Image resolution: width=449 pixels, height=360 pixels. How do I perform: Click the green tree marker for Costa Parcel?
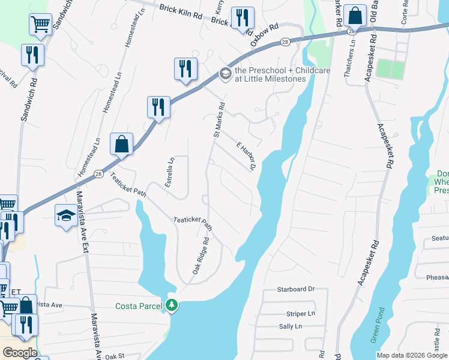tap(172, 305)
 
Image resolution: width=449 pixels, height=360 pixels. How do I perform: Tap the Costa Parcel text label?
tap(139, 306)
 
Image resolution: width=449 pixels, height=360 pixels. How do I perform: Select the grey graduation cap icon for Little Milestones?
tap(226, 74)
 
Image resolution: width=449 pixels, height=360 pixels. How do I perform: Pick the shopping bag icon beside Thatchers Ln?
tap(355, 16)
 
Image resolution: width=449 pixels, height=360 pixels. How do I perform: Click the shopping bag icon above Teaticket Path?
tap(122, 144)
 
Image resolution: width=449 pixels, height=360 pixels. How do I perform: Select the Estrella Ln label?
tap(170, 169)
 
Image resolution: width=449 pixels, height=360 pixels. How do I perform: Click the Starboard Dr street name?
tap(296, 289)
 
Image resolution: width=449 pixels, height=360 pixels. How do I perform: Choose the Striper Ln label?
tap(301, 313)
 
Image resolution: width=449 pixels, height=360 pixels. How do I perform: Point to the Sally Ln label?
tap(290, 326)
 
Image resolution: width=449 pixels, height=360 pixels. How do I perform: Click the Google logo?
tap(19, 353)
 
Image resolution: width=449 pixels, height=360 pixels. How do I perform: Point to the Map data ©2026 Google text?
tap(412, 355)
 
